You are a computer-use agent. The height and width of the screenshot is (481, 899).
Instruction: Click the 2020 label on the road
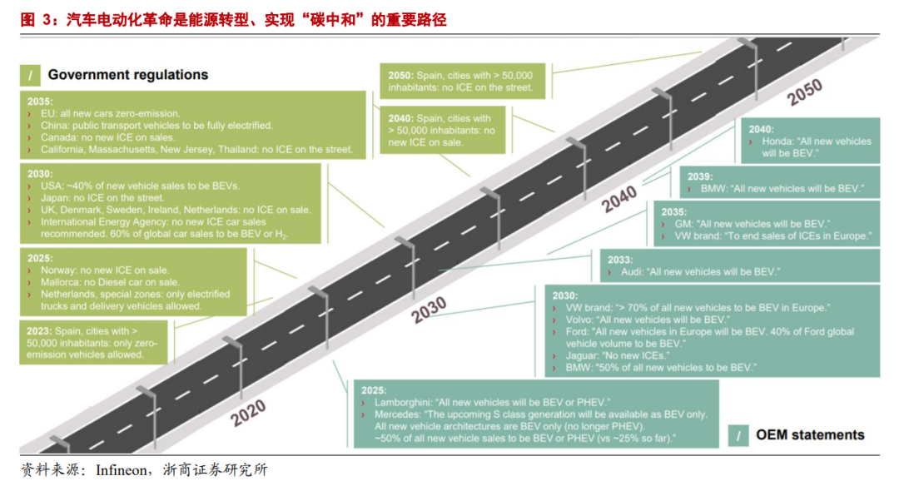[x=247, y=412]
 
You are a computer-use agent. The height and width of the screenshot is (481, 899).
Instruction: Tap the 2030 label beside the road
[x=429, y=309]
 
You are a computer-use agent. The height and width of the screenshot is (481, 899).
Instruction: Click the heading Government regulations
[x=128, y=75]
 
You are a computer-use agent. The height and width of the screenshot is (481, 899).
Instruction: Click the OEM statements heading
[x=809, y=434]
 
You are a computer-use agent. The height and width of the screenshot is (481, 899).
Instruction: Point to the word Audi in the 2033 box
[x=633, y=272]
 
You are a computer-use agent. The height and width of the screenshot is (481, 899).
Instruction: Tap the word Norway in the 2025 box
[x=58, y=270]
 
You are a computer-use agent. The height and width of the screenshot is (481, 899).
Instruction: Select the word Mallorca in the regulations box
[x=62, y=282]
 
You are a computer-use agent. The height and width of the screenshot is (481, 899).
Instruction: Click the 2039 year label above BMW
[x=701, y=176]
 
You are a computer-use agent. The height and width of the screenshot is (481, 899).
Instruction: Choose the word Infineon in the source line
[x=122, y=470]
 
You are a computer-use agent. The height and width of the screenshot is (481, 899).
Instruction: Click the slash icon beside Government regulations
[x=30, y=76]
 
